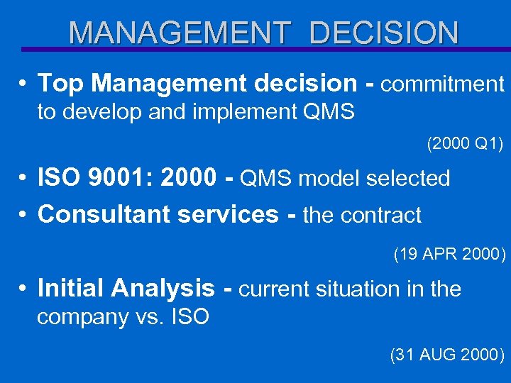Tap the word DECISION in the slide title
pos(384,33)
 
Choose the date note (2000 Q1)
pos(464,144)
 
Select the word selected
pos(409,179)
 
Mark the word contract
pos(383,215)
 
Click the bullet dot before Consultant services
pos(24,215)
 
